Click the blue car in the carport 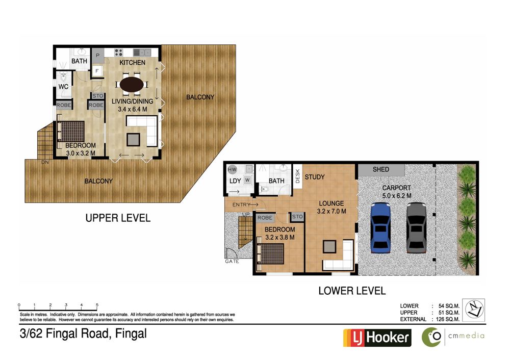(380, 227)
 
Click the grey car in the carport (416, 227)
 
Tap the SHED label (381, 169)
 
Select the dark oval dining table (132, 85)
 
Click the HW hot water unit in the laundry (232, 169)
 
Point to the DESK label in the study (297, 176)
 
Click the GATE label (232, 261)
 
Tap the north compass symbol (474, 310)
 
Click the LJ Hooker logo (377, 338)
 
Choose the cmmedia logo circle (431, 337)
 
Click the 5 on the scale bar (97, 305)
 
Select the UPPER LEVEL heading (118, 218)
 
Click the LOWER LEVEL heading (352, 291)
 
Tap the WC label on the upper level (63, 87)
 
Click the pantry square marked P (97, 56)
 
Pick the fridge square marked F (97, 70)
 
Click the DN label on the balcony (45, 162)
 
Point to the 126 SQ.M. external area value (448, 319)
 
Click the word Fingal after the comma (131, 334)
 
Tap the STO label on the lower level (297, 217)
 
